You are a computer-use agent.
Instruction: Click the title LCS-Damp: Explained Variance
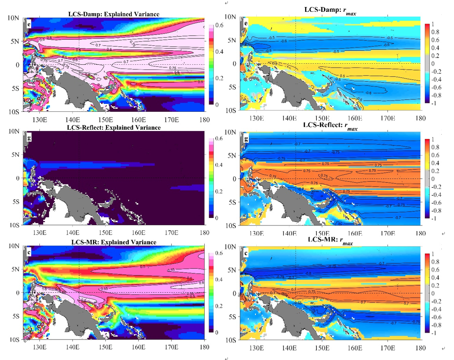[x=113, y=14]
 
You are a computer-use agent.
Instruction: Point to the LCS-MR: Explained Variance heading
[x=113, y=242]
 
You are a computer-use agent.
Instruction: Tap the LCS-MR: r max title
[x=333, y=242]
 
